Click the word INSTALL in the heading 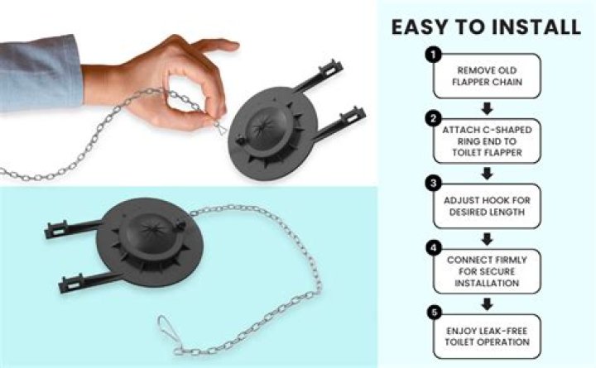pyautogui.click(x=536, y=27)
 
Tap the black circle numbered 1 pyautogui.click(x=433, y=55)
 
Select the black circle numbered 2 pyautogui.click(x=433, y=119)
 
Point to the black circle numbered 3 pyautogui.click(x=433, y=184)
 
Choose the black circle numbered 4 pyautogui.click(x=433, y=248)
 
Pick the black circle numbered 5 pyautogui.click(x=434, y=313)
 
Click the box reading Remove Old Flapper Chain pyautogui.click(x=487, y=76)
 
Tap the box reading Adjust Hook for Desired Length pyautogui.click(x=487, y=206)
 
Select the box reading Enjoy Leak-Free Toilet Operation pyautogui.click(x=487, y=337)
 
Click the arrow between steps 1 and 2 pyautogui.click(x=487, y=108)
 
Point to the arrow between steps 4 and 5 pyautogui.click(x=487, y=303)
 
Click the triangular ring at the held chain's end pyautogui.click(x=220, y=128)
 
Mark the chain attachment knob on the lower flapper pyautogui.click(x=180, y=227)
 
